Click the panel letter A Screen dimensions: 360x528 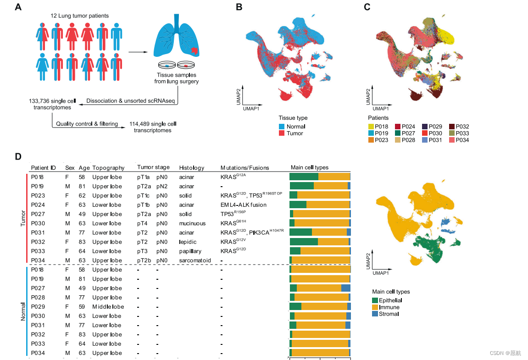18,7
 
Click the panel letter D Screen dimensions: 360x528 18,156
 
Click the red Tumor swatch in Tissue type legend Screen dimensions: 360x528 282,133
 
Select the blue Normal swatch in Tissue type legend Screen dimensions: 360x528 282,127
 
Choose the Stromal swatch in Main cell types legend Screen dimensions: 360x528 375,314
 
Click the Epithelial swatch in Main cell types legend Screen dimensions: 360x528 375,300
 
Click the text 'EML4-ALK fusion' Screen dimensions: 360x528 243,205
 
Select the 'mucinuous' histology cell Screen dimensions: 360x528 192,223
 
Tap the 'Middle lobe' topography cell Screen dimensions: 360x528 108,306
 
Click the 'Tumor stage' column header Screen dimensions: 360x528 153,168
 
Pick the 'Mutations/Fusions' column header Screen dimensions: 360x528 245,168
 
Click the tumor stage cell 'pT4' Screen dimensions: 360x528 142,223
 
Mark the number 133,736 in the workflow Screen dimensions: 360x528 39,100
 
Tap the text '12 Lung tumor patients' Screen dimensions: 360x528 80,16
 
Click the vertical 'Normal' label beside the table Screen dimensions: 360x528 22,311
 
